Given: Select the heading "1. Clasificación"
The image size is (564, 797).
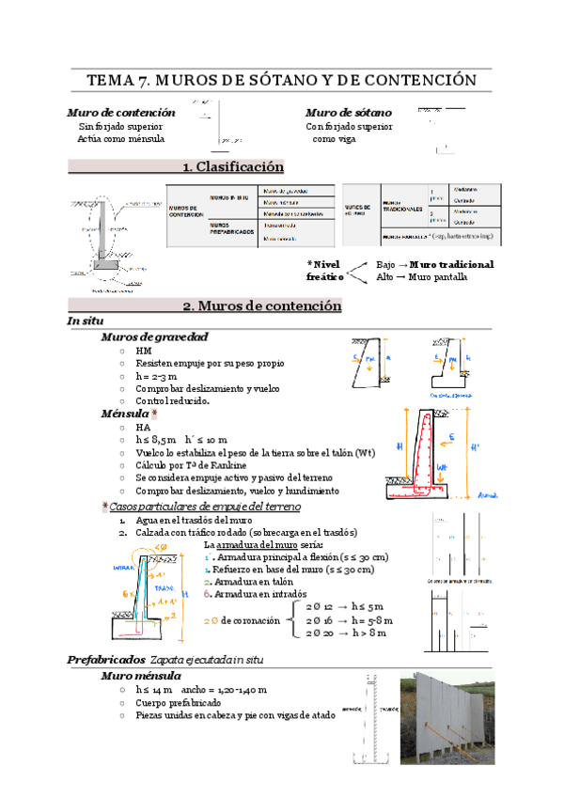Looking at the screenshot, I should pyautogui.click(x=233, y=167).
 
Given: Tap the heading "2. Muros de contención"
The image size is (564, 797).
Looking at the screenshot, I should pyautogui.click(x=261, y=306).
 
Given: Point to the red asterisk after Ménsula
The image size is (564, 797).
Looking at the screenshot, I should pyautogui.click(x=154, y=414).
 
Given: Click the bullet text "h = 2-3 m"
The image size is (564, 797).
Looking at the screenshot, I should pyautogui.click(x=156, y=376).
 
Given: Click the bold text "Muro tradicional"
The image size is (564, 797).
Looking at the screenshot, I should pyautogui.click(x=451, y=265).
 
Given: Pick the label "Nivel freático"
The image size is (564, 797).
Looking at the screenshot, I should pyautogui.click(x=325, y=271).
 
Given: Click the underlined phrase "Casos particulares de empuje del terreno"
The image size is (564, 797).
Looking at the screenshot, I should pyautogui.click(x=205, y=507).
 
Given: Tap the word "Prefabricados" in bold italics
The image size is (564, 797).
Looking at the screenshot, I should pyautogui.click(x=106, y=633).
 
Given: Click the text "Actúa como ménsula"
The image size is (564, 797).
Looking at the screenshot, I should pyautogui.click(x=121, y=139).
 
